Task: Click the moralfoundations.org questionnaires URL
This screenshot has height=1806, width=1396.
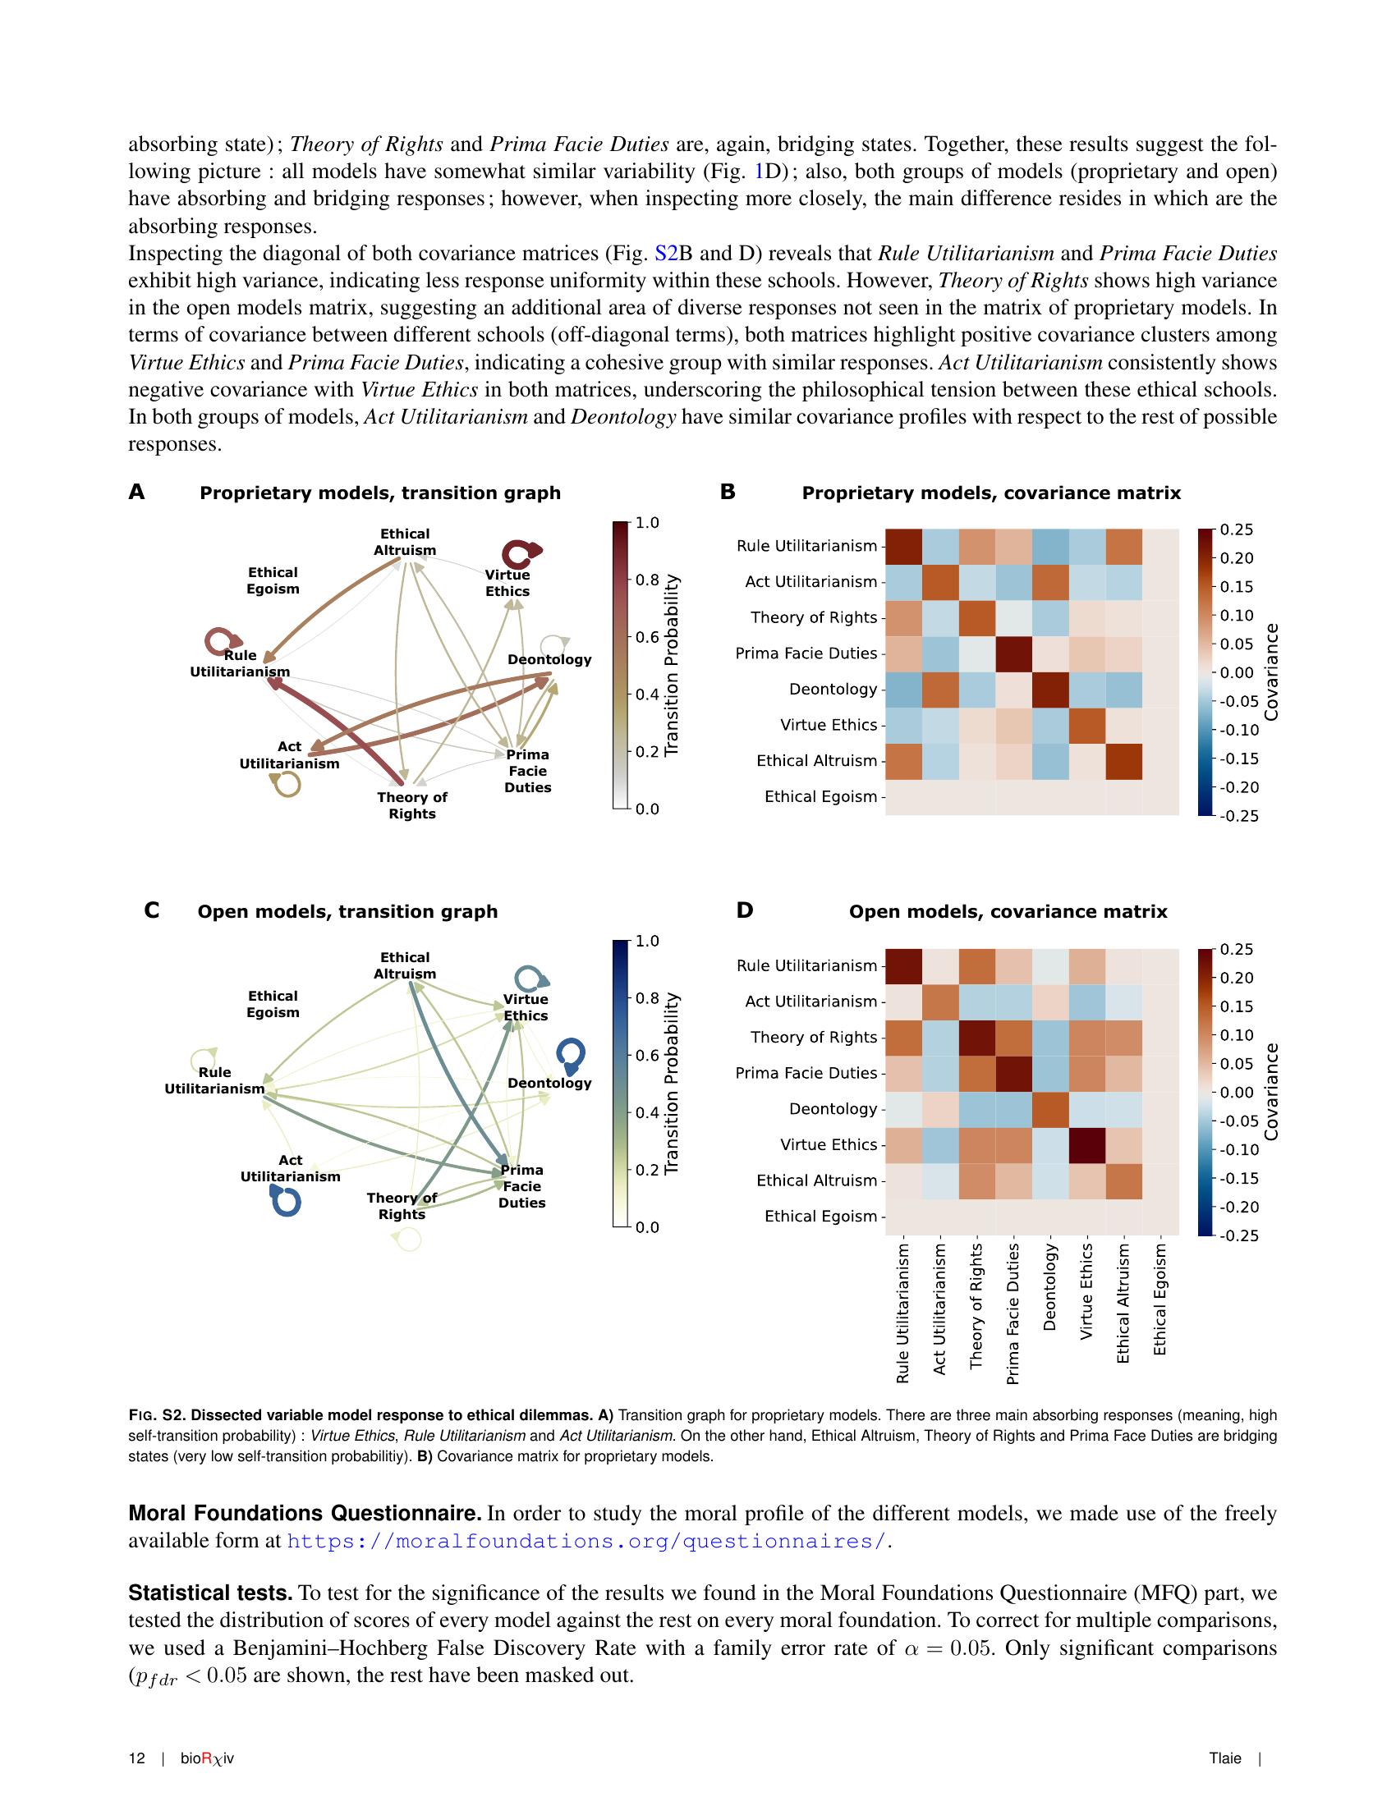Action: click(x=586, y=1542)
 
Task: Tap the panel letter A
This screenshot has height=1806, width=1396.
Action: click(x=136, y=493)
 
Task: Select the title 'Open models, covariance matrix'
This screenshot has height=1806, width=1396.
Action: click(x=1008, y=911)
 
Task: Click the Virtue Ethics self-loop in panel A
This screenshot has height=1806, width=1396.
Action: click(x=521, y=552)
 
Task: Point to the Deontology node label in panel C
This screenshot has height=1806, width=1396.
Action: click(x=549, y=1084)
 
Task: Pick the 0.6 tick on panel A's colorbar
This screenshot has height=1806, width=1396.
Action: click(x=648, y=638)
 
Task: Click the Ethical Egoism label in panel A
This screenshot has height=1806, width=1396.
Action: click(x=272, y=580)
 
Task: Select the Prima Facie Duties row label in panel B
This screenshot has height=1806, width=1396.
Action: click(x=806, y=653)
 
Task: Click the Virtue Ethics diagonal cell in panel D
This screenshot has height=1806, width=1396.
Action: click(x=1086, y=1145)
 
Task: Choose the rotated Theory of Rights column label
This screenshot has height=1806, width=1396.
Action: click(x=976, y=1306)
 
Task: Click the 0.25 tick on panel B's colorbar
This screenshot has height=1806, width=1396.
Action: click(x=1236, y=529)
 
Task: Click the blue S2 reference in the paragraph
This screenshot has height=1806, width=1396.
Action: click(x=666, y=254)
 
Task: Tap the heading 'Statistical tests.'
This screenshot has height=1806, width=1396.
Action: click(x=210, y=1593)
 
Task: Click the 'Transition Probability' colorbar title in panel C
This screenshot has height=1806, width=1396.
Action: click(x=672, y=1084)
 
